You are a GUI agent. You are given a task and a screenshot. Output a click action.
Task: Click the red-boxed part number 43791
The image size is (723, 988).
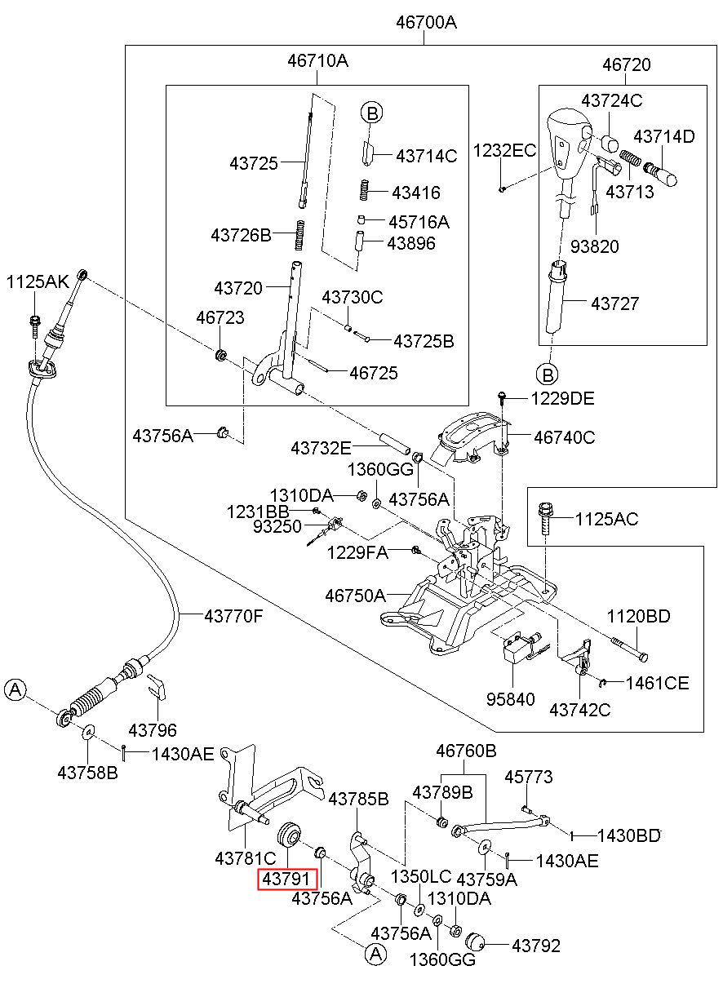(287, 879)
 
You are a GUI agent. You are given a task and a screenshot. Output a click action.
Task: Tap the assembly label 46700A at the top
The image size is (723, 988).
(426, 22)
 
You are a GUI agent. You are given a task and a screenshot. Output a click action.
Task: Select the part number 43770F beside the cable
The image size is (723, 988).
(233, 616)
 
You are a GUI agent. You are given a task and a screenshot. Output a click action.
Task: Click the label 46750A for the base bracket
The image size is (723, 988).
(355, 596)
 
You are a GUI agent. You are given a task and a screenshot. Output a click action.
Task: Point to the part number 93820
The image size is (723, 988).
(594, 246)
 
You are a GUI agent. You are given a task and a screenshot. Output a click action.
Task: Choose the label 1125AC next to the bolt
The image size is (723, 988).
(606, 519)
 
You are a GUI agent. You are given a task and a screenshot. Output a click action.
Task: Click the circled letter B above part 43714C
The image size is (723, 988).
(372, 113)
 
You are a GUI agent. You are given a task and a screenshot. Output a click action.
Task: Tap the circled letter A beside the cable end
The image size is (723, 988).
(16, 689)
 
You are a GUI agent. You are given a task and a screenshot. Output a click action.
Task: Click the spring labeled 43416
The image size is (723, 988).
(363, 191)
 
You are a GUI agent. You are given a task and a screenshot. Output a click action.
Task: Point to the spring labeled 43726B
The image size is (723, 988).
(300, 236)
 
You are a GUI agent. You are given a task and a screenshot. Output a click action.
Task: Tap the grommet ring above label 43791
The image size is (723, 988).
(290, 834)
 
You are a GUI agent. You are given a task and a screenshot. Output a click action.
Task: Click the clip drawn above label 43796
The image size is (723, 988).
(157, 687)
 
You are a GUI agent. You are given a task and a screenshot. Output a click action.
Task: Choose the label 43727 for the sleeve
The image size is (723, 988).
(614, 303)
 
